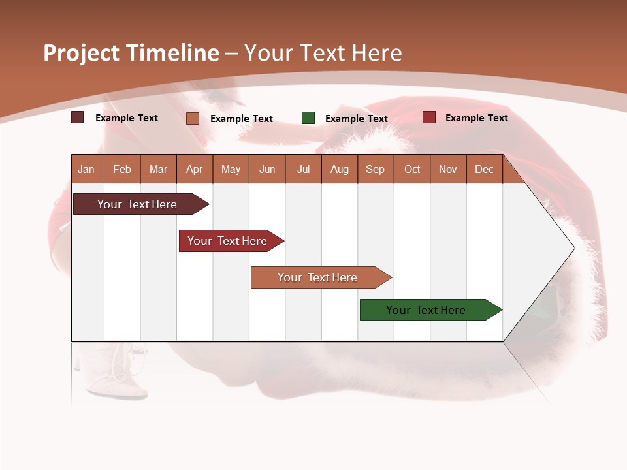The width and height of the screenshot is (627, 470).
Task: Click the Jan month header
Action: tap(87, 170)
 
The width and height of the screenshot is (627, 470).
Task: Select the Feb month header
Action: tap(122, 170)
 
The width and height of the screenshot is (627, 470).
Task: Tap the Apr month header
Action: tap(195, 170)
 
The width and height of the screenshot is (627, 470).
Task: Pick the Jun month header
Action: tap(267, 170)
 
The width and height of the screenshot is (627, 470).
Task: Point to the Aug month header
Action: tap(340, 170)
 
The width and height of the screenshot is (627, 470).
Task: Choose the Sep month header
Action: tap(376, 170)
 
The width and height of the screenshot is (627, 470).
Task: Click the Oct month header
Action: tap(412, 170)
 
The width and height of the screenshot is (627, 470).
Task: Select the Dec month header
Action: tap(485, 170)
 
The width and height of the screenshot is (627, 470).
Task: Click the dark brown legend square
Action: tap(78, 117)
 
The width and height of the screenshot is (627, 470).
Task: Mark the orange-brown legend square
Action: tap(193, 118)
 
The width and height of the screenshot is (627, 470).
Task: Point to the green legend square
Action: tap(308, 118)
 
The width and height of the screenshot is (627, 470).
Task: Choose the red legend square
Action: tap(428, 117)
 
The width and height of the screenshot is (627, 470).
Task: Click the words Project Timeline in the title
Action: tap(131, 53)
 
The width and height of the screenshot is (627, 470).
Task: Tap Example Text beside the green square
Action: tap(357, 119)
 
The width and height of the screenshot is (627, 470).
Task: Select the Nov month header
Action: tap(448, 170)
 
